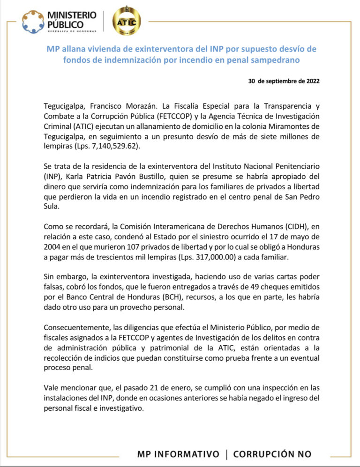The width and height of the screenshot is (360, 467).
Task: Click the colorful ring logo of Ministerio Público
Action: coord(33,22)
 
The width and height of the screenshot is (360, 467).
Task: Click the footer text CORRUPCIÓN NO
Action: coord(272,454)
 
